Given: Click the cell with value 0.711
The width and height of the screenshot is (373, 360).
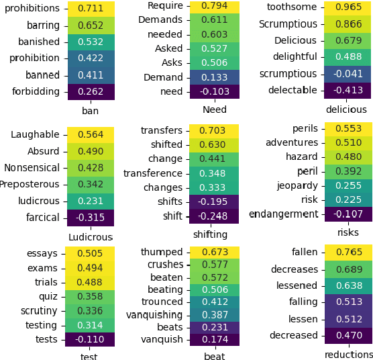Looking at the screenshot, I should (91, 9).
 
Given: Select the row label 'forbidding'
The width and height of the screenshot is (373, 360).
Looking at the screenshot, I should (36, 92).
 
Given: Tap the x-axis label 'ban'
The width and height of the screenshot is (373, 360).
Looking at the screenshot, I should (90, 110).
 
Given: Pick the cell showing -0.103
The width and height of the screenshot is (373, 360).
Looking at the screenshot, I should (214, 92).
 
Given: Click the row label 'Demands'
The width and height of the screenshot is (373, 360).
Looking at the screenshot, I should (160, 20).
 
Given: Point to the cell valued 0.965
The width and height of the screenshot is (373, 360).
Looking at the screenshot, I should (348, 8).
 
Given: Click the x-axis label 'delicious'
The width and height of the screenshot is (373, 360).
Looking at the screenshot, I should (346, 109).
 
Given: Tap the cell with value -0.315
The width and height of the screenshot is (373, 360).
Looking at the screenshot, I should (91, 218).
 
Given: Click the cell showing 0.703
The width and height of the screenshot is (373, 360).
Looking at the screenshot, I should (214, 131).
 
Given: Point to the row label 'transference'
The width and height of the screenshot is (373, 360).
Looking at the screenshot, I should (153, 173).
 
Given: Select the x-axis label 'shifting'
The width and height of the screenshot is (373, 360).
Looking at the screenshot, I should (210, 234).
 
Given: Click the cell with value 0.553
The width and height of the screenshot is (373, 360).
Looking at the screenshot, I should (348, 129).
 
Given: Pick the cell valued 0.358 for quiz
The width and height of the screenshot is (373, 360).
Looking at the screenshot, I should (91, 296).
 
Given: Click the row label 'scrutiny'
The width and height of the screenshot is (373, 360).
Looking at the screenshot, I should (39, 311).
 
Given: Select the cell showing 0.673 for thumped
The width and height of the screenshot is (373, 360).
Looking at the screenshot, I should (214, 252).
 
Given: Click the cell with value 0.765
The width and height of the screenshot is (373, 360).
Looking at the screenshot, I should (348, 253).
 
